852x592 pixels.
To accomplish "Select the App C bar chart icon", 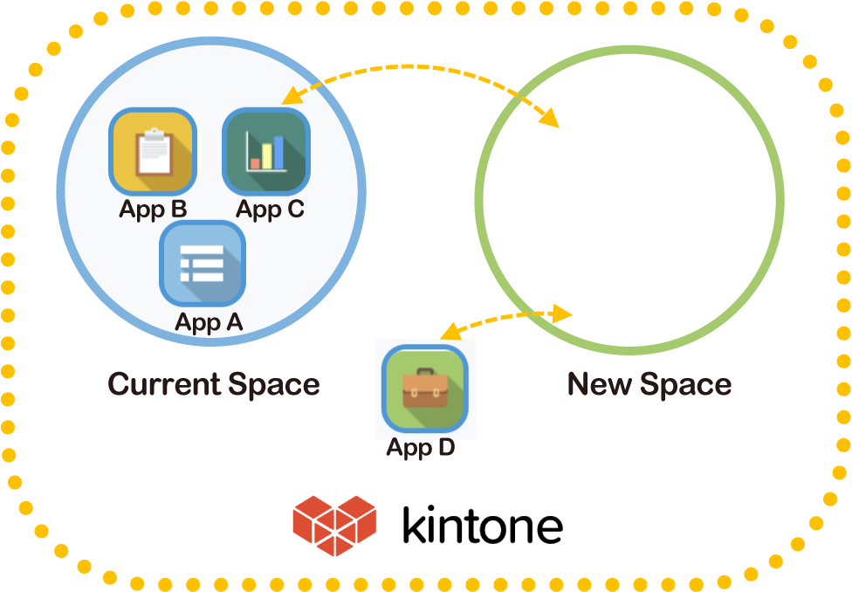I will click(x=266, y=151).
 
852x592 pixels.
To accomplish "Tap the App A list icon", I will click(x=202, y=264).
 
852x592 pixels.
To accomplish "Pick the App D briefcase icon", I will click(x=425, y=389).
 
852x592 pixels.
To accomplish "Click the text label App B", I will click(x=153, y=210).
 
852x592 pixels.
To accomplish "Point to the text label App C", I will click(x=270, y=210).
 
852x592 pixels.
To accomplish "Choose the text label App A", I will click(x=209, y=322).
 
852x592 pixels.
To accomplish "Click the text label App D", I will click(x=420, y=449).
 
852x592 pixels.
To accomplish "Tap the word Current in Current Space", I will click(x=161, y=384).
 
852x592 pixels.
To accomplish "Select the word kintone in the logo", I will click(x=482, y=527).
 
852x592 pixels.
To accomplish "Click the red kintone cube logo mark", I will click(x=334, y=526).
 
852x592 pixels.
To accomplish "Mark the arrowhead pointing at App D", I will click(x=449, y=332).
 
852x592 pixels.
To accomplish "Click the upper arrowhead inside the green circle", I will click(x=549, y=118).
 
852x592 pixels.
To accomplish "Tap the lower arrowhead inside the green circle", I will click(x=563, y=313).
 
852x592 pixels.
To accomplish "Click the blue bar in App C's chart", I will click(x=279, y=151).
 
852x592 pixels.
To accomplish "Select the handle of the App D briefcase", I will click(x=425, y=374).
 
